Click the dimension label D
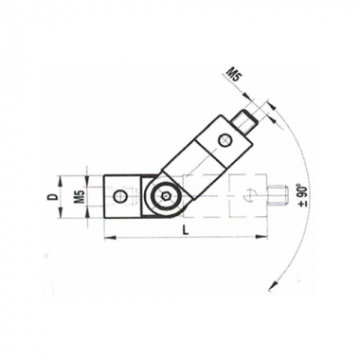(54, 197)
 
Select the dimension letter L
(187, 230)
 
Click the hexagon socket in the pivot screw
(166, 196)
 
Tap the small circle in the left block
(121, 197)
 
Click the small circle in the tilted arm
(225, 140)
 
